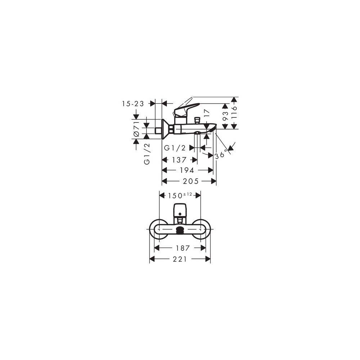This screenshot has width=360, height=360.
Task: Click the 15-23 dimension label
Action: coord(133,104)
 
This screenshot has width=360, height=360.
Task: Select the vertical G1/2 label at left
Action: coord(147,154)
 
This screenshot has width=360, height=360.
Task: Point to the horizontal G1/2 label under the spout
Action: coord(175,148)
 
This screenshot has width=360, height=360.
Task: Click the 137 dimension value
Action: coord(179,159)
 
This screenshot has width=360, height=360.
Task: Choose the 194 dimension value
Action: coord(187,170)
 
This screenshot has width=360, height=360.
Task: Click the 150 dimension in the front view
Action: coord(175,196)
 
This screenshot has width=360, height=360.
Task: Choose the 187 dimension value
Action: coord(180,248)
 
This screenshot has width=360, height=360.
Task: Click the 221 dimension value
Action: coord(180,259)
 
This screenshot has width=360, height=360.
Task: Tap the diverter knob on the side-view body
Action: coord(197,120)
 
